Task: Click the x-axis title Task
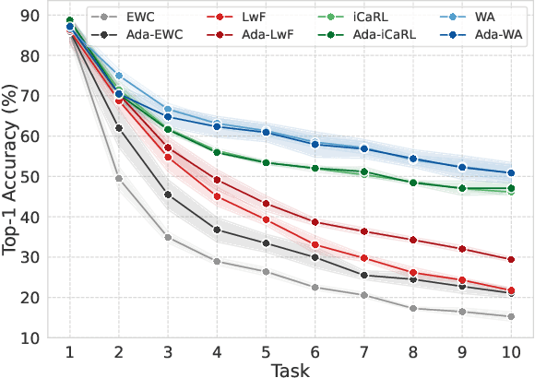291,368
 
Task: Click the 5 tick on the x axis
266,351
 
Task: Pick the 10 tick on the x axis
510,351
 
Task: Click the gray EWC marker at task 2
119,178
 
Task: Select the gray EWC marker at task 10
510,316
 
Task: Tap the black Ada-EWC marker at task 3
168,195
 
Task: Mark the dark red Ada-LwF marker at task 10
510,259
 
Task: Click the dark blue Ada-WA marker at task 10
510,172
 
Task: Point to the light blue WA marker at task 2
119,76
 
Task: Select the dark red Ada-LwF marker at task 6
315,222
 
